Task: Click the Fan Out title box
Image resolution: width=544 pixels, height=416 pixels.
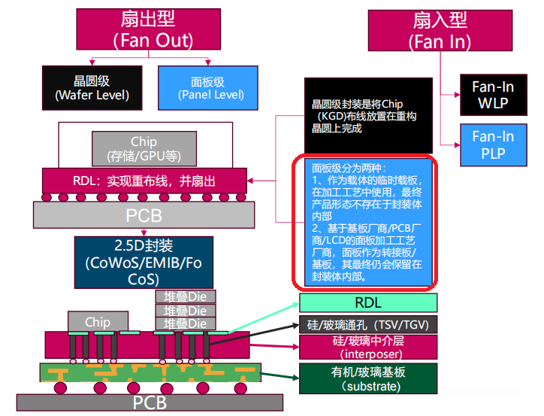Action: [x=149, y=29]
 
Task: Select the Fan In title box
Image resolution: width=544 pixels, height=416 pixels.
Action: [x=440, y=31]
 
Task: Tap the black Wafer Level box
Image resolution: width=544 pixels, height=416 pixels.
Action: [x=92, y=88]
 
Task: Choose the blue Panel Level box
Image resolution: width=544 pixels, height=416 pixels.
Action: [x=208, y=88]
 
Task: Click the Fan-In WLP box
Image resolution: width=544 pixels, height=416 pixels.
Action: [x=494, y=95]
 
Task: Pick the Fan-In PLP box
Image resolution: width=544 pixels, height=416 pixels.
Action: [x=494, y=145]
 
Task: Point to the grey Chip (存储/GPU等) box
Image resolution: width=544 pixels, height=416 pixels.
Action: [x=144, y=149]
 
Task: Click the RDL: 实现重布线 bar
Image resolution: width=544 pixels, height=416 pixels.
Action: [x=145, y=181]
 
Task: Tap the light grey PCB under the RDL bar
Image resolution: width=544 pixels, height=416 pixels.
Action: [x=144, y=215]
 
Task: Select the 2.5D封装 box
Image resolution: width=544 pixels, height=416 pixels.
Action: [x=144, y=263]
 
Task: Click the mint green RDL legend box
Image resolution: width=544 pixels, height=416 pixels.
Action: [x=368, y=303]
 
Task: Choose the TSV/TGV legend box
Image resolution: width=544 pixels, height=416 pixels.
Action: [x=368, y=325]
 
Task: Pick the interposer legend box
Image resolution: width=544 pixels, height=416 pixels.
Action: [x=368, y=347]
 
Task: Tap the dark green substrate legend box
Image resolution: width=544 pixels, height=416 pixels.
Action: [x=368, y=378]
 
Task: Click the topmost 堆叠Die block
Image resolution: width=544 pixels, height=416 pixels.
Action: [x=186, y=296]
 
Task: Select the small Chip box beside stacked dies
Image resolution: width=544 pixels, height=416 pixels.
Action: [x=98, y=321]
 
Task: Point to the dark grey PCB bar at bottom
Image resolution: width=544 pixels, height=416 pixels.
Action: [x=150, y=402]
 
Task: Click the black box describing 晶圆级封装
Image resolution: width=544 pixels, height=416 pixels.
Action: [x=368, y=116]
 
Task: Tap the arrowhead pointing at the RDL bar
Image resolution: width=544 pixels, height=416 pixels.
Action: [x=250, y=181]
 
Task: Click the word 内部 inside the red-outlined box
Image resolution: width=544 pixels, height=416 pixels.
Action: [x=322, y=217]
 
